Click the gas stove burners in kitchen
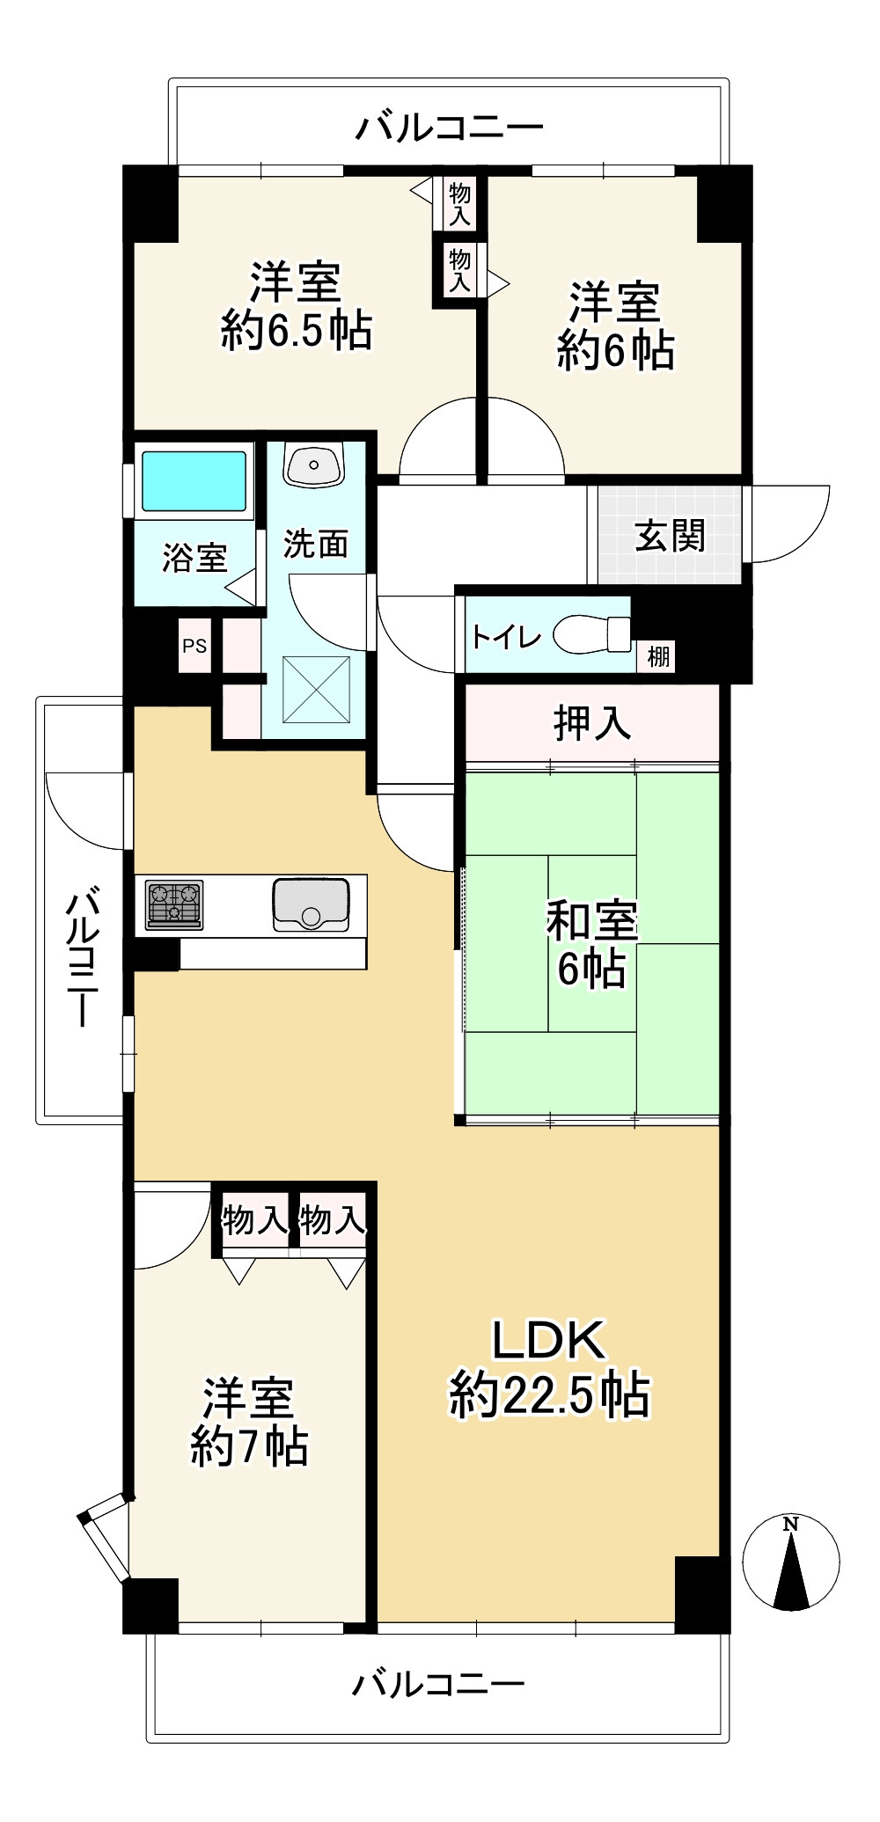coord(175,904)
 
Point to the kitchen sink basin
coord(310,904)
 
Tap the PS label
coord(194,646)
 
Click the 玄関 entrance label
coord(671,535)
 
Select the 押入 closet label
coord(592,722)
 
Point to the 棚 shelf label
coord(657,655)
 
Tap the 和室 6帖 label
coord(591,945)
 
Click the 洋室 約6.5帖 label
coord(296,306)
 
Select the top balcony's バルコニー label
coord(449,128)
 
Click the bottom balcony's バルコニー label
coord(437,1684)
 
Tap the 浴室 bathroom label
coord(194,558)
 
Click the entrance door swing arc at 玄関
coord(788,523)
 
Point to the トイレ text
coord(506,636)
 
